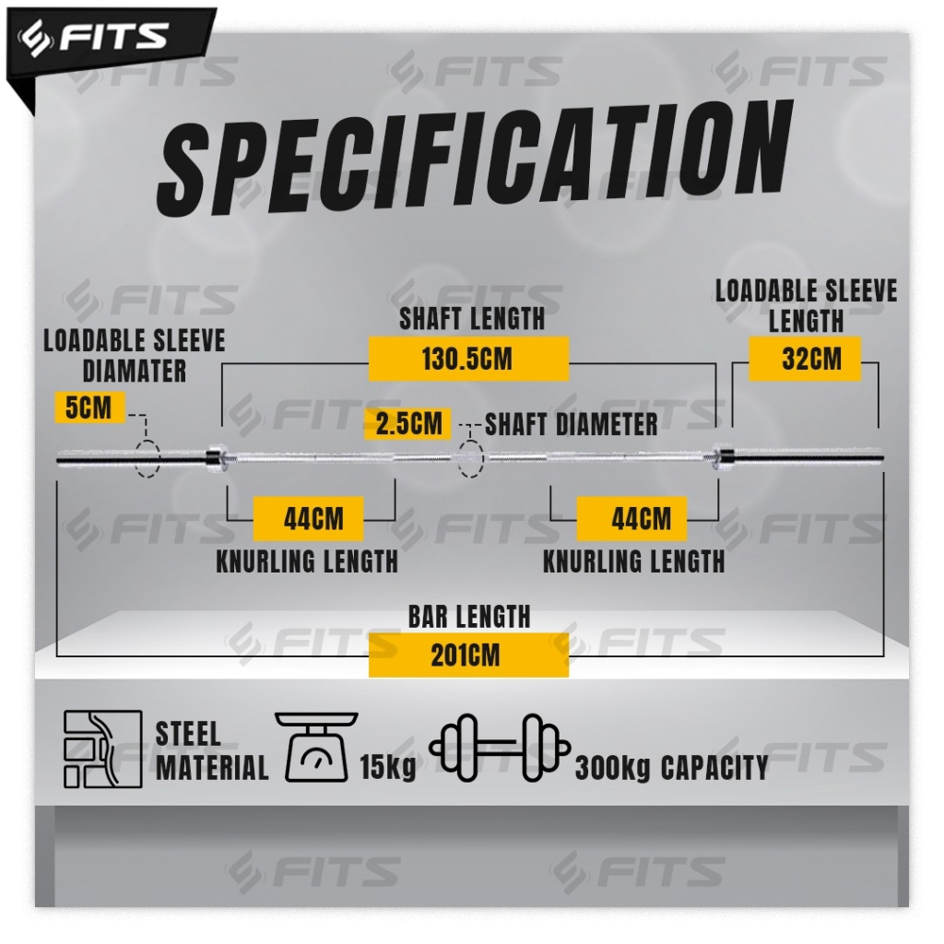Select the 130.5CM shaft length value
click(467, 359)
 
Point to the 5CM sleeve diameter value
click(88, 407)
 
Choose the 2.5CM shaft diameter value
click(408, 424)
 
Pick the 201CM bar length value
click(466, 655)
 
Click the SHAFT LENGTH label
click(471, 319)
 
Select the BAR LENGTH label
click(469, 616)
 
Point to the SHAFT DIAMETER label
click(572, 424)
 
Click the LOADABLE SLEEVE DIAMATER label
click(135, 355)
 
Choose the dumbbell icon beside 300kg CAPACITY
click(500, 747)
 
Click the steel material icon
click(102, 749)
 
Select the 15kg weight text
click(387, 766)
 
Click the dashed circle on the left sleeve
click(147, 457)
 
